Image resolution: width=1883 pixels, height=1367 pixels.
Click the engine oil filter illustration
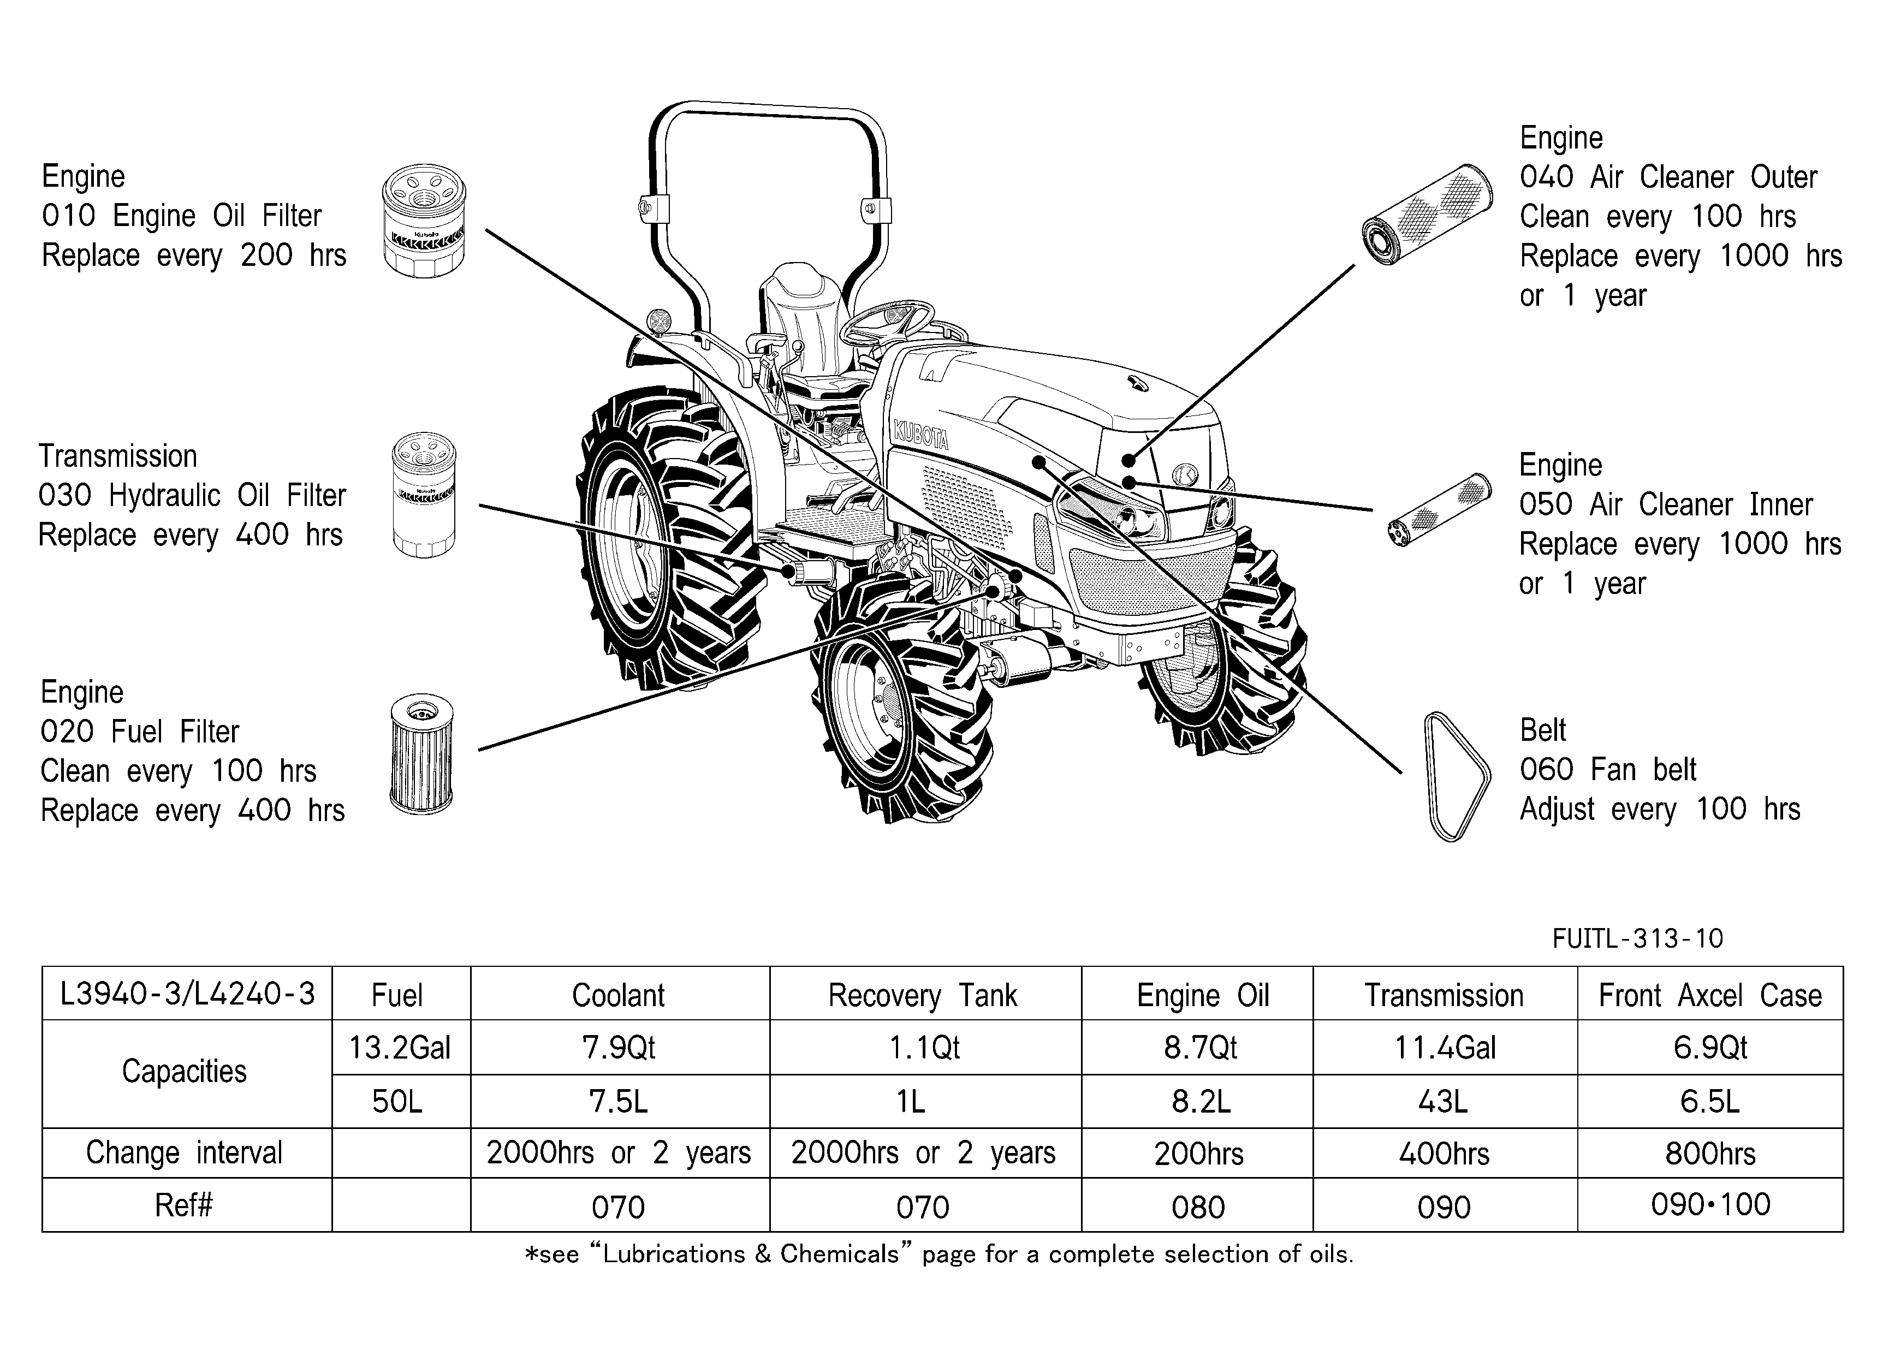[x=424, y=221]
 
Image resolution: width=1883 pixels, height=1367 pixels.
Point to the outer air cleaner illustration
[x=1428, y=215]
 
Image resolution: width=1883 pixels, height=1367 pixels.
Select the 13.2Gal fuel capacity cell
[x=400, y=1048]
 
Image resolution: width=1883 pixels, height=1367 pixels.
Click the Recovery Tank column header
[x=923, y=995]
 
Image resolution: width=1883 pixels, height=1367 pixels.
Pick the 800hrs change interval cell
[x=1710, y=1154]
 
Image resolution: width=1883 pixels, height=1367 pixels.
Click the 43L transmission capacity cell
[x=1444, y=1101]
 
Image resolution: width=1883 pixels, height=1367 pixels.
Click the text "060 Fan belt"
[x=1608, y=769]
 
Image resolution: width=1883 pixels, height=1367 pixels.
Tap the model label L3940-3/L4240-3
[x=188, y=994]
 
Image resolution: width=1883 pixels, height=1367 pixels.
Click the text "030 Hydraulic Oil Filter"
[x=192, y=496]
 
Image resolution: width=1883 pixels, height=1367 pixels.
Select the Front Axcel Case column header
[x=1710, y=995]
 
